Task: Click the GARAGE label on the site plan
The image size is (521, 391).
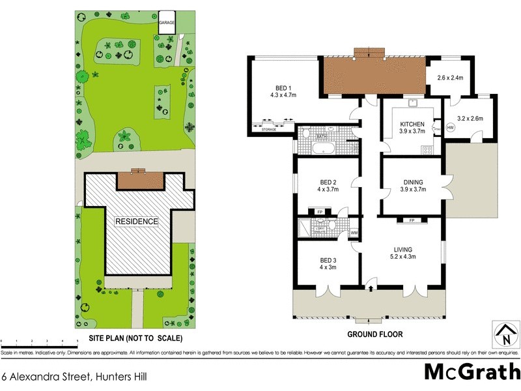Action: click(167, 22)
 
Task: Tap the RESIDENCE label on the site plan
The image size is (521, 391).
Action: click(137, 222)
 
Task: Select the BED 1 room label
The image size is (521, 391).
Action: click(283, 91)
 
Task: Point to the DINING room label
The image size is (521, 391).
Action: click(412, 186)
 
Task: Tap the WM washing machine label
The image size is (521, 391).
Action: click(354, 233)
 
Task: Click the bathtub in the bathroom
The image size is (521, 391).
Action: click(323, 150)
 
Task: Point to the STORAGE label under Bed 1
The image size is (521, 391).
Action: click(269, 130)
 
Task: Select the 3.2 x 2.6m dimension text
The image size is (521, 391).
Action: click(470, 119)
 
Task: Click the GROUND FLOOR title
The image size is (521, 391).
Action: click(374, 334)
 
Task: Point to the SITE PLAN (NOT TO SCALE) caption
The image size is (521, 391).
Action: click(135, 339)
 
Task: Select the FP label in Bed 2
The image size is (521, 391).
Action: click(319, 212)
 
